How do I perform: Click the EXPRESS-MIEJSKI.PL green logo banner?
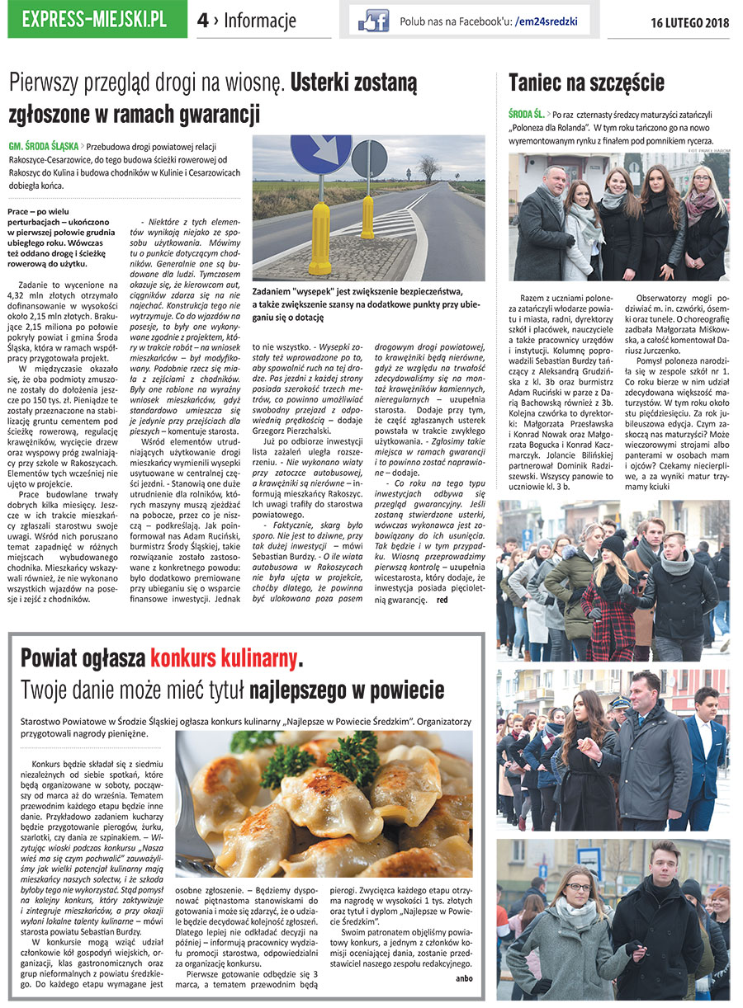click(x=96, y=20)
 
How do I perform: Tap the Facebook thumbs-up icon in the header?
click(x=373, y=21)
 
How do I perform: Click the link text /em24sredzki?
click(x=545, y=21)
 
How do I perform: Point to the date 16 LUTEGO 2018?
click(x=690, y=22)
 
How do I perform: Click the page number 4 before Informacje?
click(x=202, y=21)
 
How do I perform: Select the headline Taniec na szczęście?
click(x=586, y=82)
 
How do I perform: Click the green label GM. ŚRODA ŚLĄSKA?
click(x=43, y=144)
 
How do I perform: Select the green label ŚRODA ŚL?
click(x=526, y=114)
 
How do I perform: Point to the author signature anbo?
click(x=464, y=978)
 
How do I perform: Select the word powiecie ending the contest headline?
click(x=400, y=689)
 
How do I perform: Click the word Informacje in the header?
click(x=260, y=21)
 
